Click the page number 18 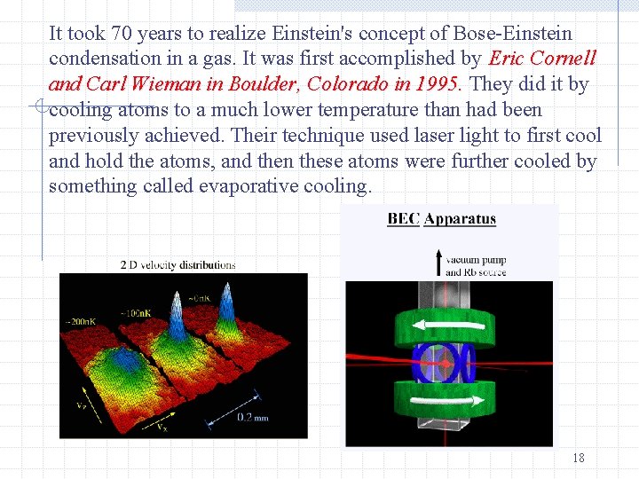coord(578,458)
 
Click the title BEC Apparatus coord(441,219)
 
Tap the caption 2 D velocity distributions coord(177,264)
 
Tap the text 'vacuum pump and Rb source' coord(475,266)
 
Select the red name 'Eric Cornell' coord(542,59)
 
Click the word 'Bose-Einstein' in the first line coord(512,34)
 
